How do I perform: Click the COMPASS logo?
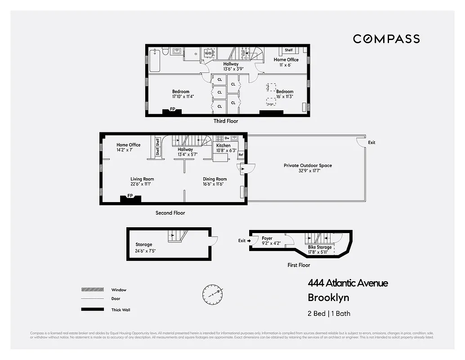click(386, 39)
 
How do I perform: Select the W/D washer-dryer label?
click(208, 54)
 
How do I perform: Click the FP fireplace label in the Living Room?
click(130, 196)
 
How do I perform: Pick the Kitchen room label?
click(224, 145)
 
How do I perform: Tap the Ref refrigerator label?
click(241, 155)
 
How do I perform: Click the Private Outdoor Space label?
click(308, 166)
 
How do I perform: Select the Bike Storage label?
click(320, 247)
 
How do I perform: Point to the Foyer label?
click(267, 238)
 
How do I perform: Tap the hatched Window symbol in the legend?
click(89, 290)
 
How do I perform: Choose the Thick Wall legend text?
click(121, 310)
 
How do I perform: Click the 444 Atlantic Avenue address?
click(348, 283)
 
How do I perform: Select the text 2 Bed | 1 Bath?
click(329, 313)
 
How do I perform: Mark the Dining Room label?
click(215, 179)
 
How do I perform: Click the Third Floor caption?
click(226, 121)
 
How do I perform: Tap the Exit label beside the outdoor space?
click(371, 143)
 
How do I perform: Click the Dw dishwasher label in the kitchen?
click(227, 138)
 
